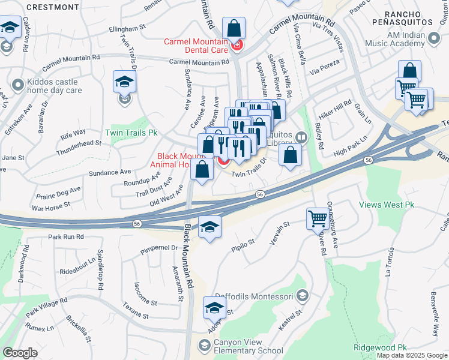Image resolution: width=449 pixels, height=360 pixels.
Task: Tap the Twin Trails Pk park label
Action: coord(131,132)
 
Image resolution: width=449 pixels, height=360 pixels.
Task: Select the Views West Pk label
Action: coord(387,205)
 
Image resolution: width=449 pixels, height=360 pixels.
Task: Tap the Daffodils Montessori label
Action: coord(259,296)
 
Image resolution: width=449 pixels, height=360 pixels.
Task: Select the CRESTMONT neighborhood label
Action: coord(53,7)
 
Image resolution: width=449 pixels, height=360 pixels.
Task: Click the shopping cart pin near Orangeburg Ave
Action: coord(318,218)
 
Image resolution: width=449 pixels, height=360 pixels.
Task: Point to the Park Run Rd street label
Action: coord(66,237)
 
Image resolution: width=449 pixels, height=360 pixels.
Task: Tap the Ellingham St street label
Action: coord(127,28)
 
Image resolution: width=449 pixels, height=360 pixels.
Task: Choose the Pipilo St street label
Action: coord(244,246)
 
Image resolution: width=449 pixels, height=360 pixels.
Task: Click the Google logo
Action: coord(20,353)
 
